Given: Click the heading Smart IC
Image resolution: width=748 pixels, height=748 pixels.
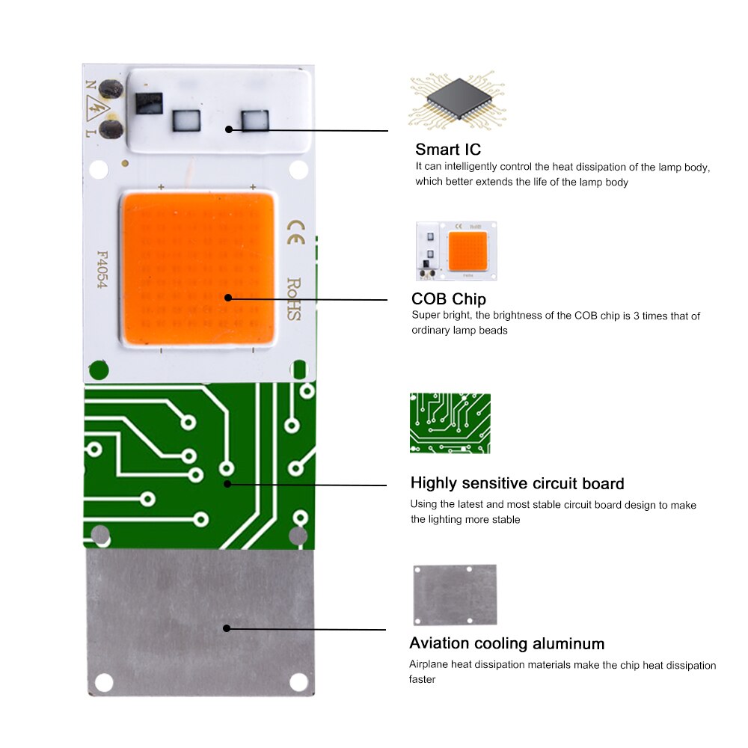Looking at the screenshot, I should (x=448, y=149).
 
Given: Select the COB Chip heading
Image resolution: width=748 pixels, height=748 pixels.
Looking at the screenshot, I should (x=448, y=299).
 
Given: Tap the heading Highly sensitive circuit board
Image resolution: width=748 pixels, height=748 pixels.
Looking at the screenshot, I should (x=517, y=483).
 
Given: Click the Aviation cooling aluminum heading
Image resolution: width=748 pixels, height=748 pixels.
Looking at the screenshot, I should (x=506, y=643).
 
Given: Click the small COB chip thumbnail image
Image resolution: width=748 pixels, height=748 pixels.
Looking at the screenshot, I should (x=456, y=251).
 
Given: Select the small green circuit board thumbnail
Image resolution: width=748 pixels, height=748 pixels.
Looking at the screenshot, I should (x=450, y=423).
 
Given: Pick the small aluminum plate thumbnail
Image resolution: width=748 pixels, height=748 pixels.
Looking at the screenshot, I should (x=455, y=595).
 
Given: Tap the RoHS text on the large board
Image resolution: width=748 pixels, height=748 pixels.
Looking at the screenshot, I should (x=293, y=299).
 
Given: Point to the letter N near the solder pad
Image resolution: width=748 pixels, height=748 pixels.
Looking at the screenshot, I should (x=91, y=86).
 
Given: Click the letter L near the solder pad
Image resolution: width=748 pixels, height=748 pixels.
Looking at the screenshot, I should (x=91, y=133).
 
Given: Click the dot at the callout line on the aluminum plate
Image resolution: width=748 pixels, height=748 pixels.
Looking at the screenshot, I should (x=227, y=628).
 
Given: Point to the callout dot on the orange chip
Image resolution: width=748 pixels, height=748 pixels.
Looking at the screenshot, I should (x=227, y=298).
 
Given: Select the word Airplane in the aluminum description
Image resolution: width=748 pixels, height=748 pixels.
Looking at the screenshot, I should (x=428, y=665).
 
